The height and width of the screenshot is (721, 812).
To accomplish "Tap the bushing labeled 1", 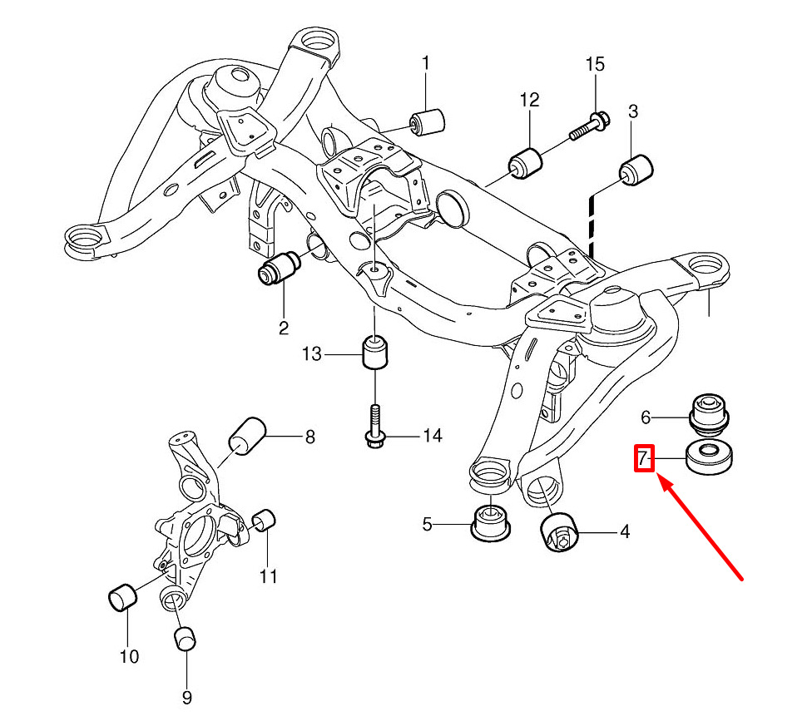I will (x=430, y=121).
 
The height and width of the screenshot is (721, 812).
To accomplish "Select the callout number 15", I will (x=595, y=64).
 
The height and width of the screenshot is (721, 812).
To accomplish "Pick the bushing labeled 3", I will (x=639, y=169).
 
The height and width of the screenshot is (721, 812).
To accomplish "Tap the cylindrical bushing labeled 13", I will (x=375, y=353).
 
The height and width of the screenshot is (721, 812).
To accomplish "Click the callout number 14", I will (x=433, y=435).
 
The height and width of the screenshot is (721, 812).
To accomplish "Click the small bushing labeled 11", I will (x=265, y=521).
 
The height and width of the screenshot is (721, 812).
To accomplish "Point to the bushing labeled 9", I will (x=185, y=639).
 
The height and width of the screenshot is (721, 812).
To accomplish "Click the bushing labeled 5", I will (x=490, y=523).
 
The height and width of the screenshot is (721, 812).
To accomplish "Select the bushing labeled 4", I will (x=558, y=532).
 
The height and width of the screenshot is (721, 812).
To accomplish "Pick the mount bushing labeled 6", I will (x=710, y=412).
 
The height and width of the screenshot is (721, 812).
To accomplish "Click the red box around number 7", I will (x=645, y=457).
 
